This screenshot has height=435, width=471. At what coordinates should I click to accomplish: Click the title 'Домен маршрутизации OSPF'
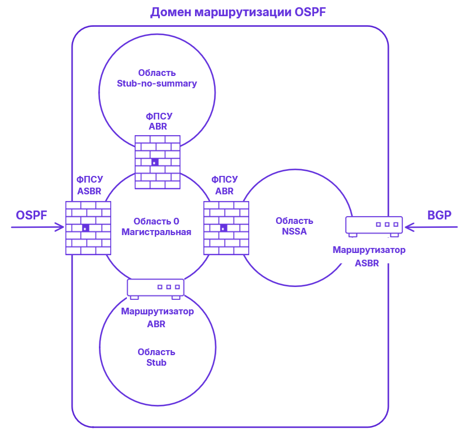click(237, 12)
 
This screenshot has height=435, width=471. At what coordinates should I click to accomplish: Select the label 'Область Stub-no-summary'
click(157, 78)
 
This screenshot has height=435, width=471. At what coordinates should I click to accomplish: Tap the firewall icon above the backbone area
click(158, 162)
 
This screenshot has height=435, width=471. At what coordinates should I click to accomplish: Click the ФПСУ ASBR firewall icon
click(88, 228)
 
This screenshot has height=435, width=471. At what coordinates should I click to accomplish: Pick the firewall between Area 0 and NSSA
click(226, 228)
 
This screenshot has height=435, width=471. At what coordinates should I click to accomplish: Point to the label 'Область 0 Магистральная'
click(157, 226)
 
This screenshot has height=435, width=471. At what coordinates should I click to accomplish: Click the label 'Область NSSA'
click(294, 226)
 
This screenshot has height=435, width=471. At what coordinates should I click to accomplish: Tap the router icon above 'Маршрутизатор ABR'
click(156, 288)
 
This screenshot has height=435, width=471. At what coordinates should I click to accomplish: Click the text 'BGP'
click(439, 216)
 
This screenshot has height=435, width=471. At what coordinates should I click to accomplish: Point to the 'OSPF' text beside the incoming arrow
click(32, 216)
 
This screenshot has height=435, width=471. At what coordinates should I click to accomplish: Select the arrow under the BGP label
click(431, 227)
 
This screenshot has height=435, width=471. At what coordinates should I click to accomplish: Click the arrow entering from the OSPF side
click(37, 227)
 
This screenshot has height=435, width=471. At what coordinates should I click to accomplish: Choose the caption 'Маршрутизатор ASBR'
click(369, 256)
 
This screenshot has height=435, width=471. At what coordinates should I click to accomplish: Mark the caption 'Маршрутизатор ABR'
click(157, 317)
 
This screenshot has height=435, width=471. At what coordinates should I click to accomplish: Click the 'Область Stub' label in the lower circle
click(156, 357)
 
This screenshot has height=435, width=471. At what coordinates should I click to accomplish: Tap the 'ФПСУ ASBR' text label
click(89, 185)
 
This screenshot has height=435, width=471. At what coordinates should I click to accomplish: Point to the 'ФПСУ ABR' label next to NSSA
click(225, 185)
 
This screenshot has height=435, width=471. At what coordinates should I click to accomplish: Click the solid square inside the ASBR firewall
click(85, 228)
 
